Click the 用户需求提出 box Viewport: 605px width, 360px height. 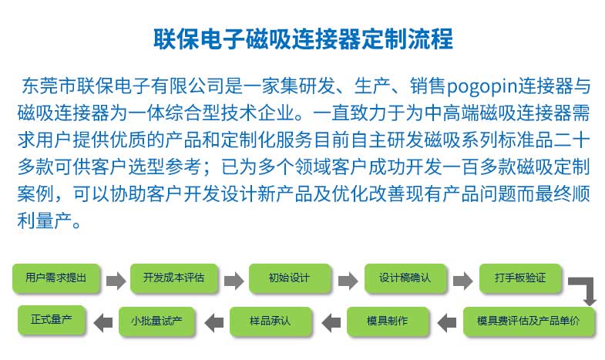click(56, 278)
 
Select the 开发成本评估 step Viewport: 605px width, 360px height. click(174, 278)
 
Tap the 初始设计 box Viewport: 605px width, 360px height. click(290, 278)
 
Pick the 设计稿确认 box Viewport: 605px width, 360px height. click(405, 278)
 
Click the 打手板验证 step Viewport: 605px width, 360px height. click(520, 278)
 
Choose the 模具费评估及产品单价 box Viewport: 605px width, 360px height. click(529, 321)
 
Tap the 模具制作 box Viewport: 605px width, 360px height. click(388, 321)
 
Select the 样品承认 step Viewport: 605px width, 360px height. click(271, 321)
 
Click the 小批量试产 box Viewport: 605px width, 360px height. click(156, 321)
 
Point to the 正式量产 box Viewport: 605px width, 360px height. click(52, 319)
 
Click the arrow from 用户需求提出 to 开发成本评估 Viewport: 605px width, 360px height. click(116, 281)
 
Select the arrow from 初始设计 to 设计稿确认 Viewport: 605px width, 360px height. click(348, 281)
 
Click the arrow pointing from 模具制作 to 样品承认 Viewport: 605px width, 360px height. click(331, 322)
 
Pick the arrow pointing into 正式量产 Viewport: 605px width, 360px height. click(103, 322)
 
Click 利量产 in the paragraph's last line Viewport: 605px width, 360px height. click(45, 220)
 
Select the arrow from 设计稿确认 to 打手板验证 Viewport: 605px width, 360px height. click(463, 281)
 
